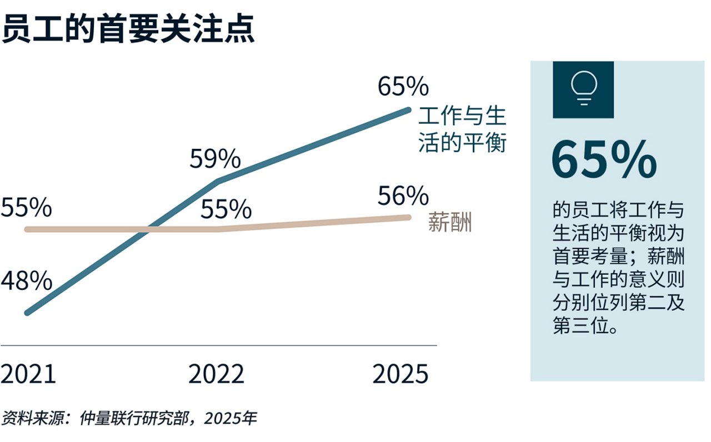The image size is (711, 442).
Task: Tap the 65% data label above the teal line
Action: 403,87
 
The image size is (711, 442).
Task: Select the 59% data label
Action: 215,160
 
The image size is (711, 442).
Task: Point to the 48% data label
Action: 26,282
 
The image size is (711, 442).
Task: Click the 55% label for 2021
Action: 26,208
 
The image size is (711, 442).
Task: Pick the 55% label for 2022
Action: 226,210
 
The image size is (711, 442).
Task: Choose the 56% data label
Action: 403,196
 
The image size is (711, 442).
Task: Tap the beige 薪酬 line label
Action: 450,222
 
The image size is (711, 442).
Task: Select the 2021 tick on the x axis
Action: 28,375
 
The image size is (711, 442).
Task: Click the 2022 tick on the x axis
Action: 216,375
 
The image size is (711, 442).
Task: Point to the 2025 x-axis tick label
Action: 400,375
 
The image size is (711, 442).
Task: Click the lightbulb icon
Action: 583,89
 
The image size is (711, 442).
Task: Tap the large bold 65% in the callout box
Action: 604,160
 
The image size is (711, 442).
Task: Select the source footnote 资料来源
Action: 129,418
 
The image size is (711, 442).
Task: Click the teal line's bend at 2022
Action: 218,180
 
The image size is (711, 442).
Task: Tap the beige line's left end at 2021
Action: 27,229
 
